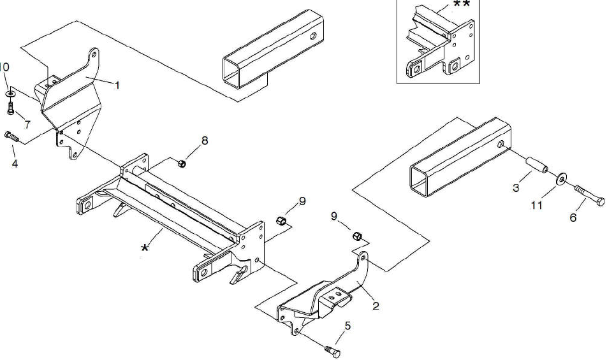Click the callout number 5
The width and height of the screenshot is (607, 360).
(x=347, y=326)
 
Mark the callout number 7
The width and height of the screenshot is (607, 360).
(x=27, y=122)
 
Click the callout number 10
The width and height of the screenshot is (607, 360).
(x=4, y=67)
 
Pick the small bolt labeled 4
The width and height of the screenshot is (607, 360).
(x=11, y=136)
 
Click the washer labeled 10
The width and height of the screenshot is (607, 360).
(x=11, y=94)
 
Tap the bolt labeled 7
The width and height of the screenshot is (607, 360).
(x=10, y=108)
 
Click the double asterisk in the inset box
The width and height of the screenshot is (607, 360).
(x=462, y=4)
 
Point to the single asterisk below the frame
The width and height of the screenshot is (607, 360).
(x=146, y=247)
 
